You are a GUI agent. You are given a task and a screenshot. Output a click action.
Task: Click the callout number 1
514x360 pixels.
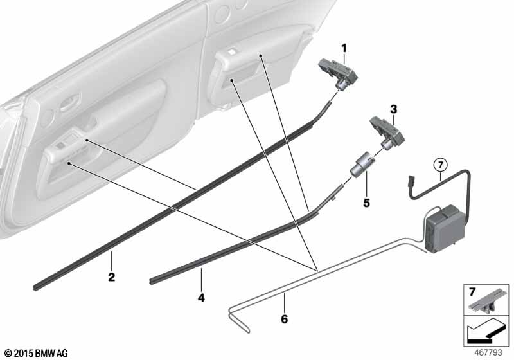pyautogui.click(x=344, y=49)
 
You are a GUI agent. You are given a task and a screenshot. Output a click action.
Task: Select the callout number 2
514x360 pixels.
pyautogui.click(x=111, y=277)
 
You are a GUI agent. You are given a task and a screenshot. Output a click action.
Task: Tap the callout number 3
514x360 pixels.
pyautogui.click(x=393, y=109)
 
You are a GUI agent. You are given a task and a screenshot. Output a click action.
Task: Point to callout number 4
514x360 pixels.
pyautogui.click(x=201, y=298)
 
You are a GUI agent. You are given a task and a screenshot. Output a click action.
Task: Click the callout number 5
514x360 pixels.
pyautogui.click(x=366, y=203)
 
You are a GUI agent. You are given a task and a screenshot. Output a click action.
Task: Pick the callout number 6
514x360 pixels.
pyautogui.click(x=284, y=319)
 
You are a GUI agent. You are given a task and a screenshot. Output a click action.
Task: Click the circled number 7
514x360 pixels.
pyautogui.click(x=440, y=165)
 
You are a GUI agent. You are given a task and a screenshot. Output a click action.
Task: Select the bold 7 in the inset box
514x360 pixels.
pyautogui.click(x=472, y=292)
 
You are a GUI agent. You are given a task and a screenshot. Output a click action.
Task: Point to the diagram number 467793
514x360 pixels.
pyautogui.click(x=488, y=352)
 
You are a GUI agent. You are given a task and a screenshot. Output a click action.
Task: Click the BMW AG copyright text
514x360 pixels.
pyautogui.click(x=37, y=353)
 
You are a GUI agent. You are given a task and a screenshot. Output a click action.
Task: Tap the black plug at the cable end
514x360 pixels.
pyautogui.click(x=409, y=183)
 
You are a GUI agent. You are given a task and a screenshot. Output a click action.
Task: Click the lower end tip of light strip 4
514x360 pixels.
pyautogui.click(x=151, y=282)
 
